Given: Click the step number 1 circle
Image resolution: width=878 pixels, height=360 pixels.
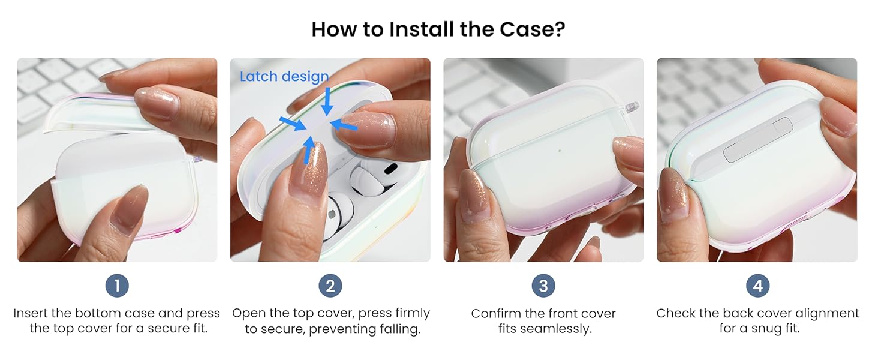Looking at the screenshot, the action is pyautogui.click(x=117, y=286).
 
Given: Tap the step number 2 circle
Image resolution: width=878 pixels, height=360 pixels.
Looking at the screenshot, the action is pyautogui.click(x=330, y=286).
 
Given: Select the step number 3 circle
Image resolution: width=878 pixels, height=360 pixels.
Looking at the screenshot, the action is pyautogui.click(x=543, y=286).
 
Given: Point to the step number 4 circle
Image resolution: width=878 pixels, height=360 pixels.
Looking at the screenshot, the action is pyautogui.click(x=757, y=286).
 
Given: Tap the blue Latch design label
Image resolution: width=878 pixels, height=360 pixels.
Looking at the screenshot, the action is pyautogui.click(x=284, y=77).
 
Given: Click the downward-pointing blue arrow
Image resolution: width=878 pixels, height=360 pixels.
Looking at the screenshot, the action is pyautogui.click(x=327, y=101).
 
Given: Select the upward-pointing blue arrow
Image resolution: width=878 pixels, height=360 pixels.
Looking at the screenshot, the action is pyautogui.click(x=309, y=150).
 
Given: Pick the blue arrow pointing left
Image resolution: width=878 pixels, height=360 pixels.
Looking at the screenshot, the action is pyautogui.click(x=344, y=125).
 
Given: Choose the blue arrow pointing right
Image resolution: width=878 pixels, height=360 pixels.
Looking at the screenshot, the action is pyautogui.click(x=293, y=123).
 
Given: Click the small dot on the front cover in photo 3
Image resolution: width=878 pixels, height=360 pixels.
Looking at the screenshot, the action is pyautogui.click(x=560, y=151).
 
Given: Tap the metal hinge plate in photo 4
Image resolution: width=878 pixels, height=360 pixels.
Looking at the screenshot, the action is pyautogui.click(x=757, y=140).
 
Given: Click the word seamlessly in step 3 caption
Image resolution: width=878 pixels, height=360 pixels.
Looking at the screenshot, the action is pyautogui.click(x=545, y=329).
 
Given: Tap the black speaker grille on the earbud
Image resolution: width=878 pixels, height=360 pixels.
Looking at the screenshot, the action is pyautogui.click(x=390, y=169).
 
